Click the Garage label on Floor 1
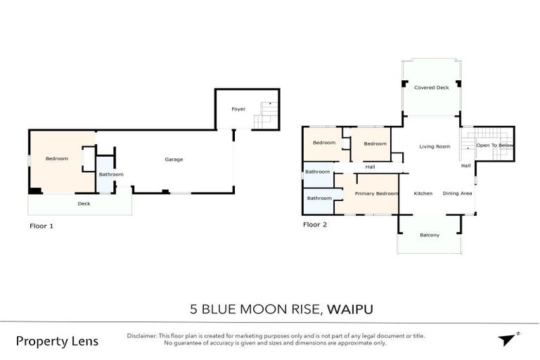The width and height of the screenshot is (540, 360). (x=174, y=160)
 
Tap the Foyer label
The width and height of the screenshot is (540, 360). (x=239, y=109)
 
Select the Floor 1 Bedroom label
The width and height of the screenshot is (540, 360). (x=57, y=159)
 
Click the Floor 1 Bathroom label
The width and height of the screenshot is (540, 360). (x=111, y=174)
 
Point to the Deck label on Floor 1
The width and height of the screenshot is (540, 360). (x=84, y=204)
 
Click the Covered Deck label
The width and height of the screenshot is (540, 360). (x=431, y=88)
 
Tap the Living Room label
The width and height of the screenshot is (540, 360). (x=435, y=146)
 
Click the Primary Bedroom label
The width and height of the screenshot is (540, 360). (x=377, y=193)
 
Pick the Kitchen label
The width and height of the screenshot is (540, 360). (x=423, y=193)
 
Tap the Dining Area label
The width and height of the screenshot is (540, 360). (x=457, y=193)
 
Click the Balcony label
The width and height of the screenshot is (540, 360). (x=429, y=235)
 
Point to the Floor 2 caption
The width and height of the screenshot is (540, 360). (x=314, y=225)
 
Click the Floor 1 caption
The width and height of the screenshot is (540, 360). (x=41, y=226)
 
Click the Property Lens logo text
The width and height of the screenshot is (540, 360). (x=57, y=341)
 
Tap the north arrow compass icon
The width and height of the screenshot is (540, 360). (x=506, y=340)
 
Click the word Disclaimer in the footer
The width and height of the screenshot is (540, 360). (x=143, y=336)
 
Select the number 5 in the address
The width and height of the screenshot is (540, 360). (x=193, y=309)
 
